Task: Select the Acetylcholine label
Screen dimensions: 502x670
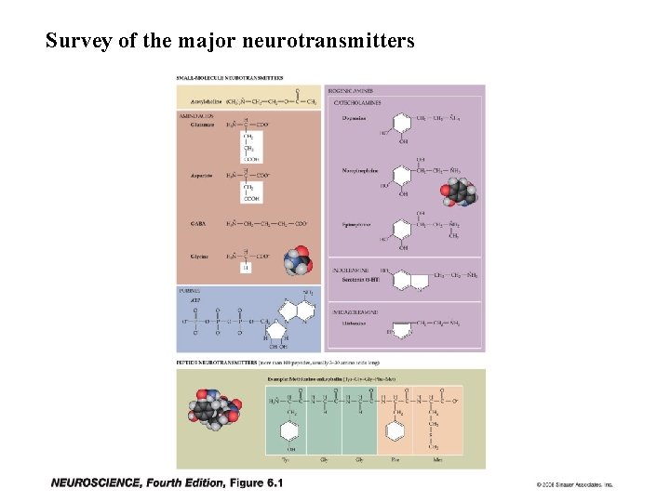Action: pos(205,100)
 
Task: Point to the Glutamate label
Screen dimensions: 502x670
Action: pos(201,125)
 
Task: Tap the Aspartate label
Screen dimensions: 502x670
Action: pos(201,175)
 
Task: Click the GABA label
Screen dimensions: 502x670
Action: pos(198,224)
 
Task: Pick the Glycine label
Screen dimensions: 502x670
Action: pos(200,256)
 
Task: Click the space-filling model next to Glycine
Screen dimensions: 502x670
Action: pos(300,259)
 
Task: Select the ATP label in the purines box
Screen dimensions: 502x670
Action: pos(195,299)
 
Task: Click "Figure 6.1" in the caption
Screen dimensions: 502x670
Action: pos(256,482)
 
